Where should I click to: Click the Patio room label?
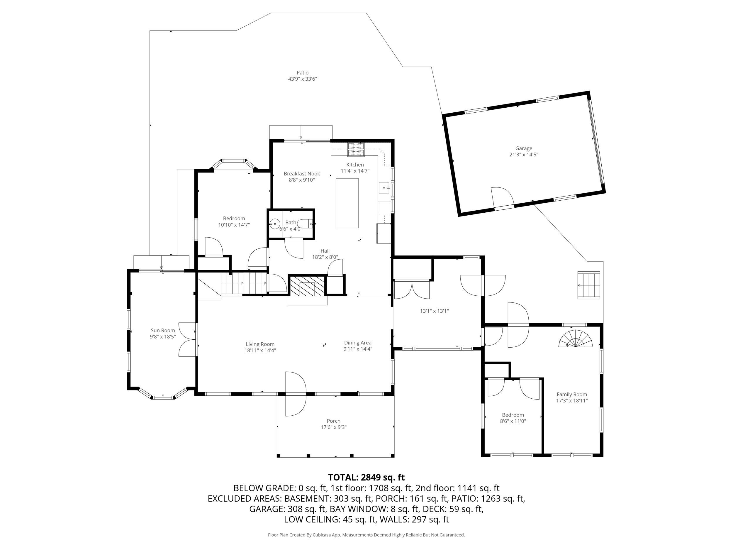[x=302, y=73]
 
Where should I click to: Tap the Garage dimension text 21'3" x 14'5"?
[x=524, y=155]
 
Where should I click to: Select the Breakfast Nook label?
[x=302, y=174]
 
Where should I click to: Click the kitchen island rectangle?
[x=347, y=203]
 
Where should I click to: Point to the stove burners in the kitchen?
[x=356, y=149]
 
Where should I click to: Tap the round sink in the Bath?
[x=275, y=224]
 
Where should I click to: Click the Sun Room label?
[x=163, y=331]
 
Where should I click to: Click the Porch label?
[x=333, y=421]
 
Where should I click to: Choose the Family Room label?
[x=572, y=395]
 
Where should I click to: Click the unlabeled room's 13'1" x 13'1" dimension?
[x=434, y=311]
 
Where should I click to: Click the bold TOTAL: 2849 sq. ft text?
[x=366, y=477]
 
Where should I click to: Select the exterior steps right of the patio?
[x=588, y=285]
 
